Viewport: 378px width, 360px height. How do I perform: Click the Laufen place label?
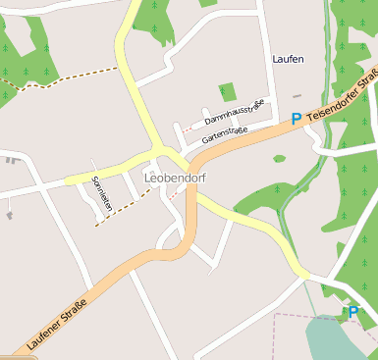(288, 59)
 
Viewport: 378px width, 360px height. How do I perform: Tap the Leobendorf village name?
(175, 178)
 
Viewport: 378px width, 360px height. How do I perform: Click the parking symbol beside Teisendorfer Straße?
(296, 119)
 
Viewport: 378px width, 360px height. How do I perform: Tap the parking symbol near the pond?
(352, 312)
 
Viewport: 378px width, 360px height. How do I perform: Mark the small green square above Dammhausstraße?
(228, 92)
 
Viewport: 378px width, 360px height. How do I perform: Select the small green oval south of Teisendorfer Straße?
(280, 158)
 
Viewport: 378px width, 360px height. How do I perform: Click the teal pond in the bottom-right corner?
(339, 338)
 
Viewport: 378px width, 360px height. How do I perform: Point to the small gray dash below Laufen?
(297, 96)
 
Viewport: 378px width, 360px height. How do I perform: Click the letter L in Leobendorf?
(148, 178)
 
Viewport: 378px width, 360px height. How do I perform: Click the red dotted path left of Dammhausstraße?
(189, 129)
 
